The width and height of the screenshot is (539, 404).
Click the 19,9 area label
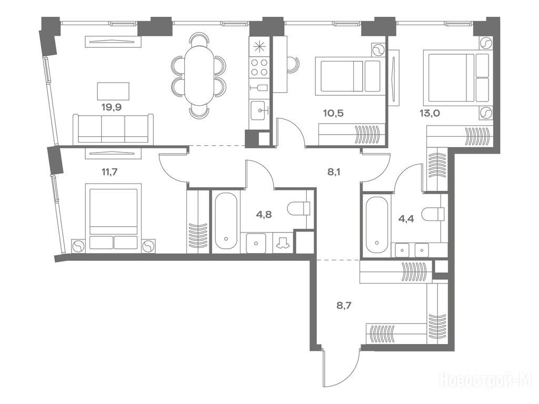(112, 107)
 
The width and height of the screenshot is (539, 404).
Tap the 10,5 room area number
(333, 113)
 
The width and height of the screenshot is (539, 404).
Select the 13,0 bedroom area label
(430, 113)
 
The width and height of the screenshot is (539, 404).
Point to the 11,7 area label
(109, 171)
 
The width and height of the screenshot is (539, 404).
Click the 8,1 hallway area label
(333, 172)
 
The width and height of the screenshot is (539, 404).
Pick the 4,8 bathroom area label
(264, 215)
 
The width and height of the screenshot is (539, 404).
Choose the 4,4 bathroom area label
(406, 219)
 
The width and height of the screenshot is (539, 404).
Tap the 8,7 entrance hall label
(343, 305)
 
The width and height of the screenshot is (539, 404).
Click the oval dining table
(199, 76)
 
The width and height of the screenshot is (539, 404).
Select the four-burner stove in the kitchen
(259, 67)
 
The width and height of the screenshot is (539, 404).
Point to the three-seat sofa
(113, 128)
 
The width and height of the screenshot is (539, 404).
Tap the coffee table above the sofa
(113, 91)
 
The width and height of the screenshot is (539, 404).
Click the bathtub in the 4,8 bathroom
(226, 220)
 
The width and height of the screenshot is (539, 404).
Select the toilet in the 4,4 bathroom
(433, 214)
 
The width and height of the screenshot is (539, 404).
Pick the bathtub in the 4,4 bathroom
(377, 225)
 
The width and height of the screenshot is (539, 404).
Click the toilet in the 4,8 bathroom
(299, 208)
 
